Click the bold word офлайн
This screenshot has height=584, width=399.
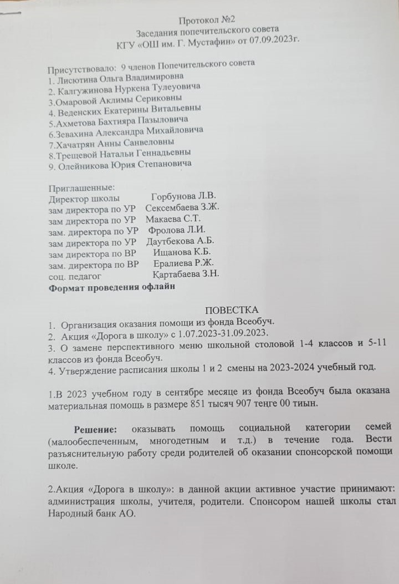(x=157, y=287)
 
